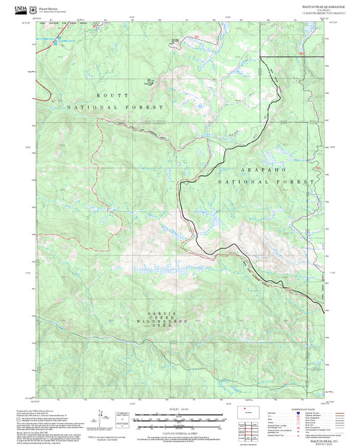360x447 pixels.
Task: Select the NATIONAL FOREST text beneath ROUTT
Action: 114,107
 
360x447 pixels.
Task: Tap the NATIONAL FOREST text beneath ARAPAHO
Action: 266,182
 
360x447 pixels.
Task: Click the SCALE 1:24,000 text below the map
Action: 178,409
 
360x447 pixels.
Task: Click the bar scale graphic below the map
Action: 178,419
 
